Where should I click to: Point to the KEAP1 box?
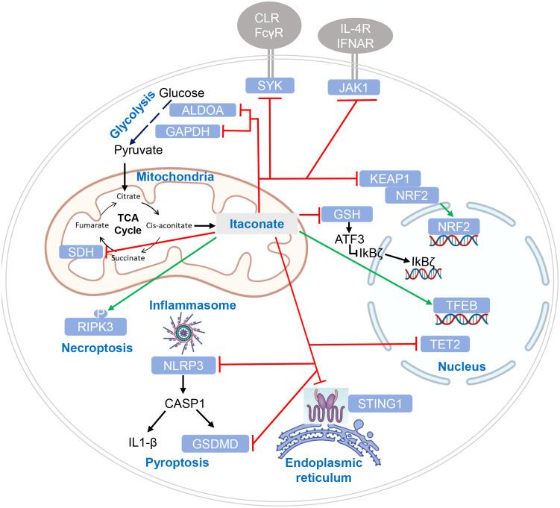tap(389, 179)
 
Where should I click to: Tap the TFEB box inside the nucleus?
tap(458, 304)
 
